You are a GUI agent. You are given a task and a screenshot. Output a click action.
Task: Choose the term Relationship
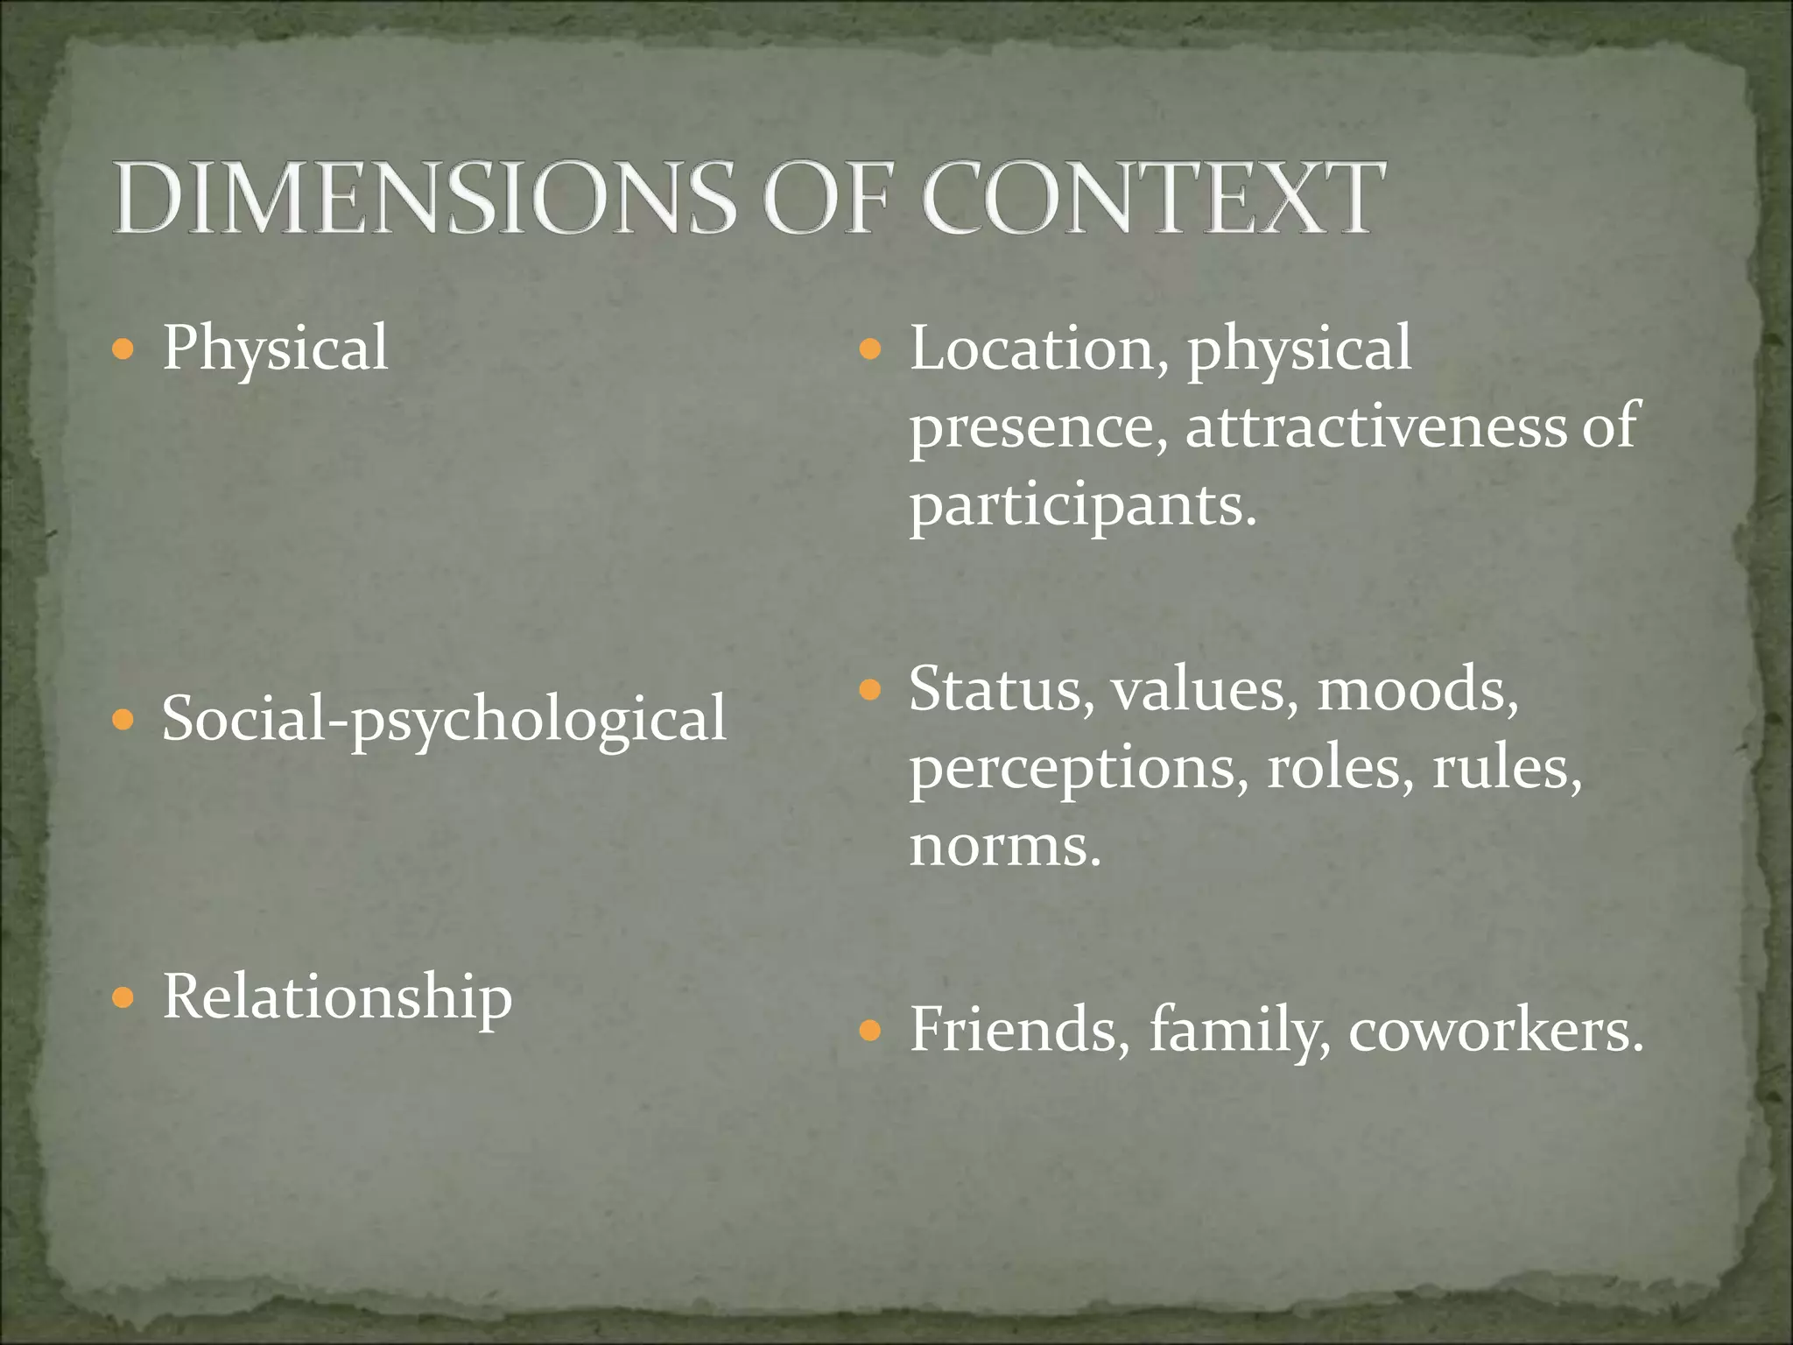pos(337,997)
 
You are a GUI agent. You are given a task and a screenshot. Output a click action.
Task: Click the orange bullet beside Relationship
pos(123,997)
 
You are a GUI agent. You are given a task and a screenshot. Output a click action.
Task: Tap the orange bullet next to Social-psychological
pos(123,721)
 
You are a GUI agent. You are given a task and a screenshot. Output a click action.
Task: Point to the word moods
pos(1417,690)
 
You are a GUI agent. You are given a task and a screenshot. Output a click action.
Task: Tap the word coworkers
pos(1495,1031)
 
